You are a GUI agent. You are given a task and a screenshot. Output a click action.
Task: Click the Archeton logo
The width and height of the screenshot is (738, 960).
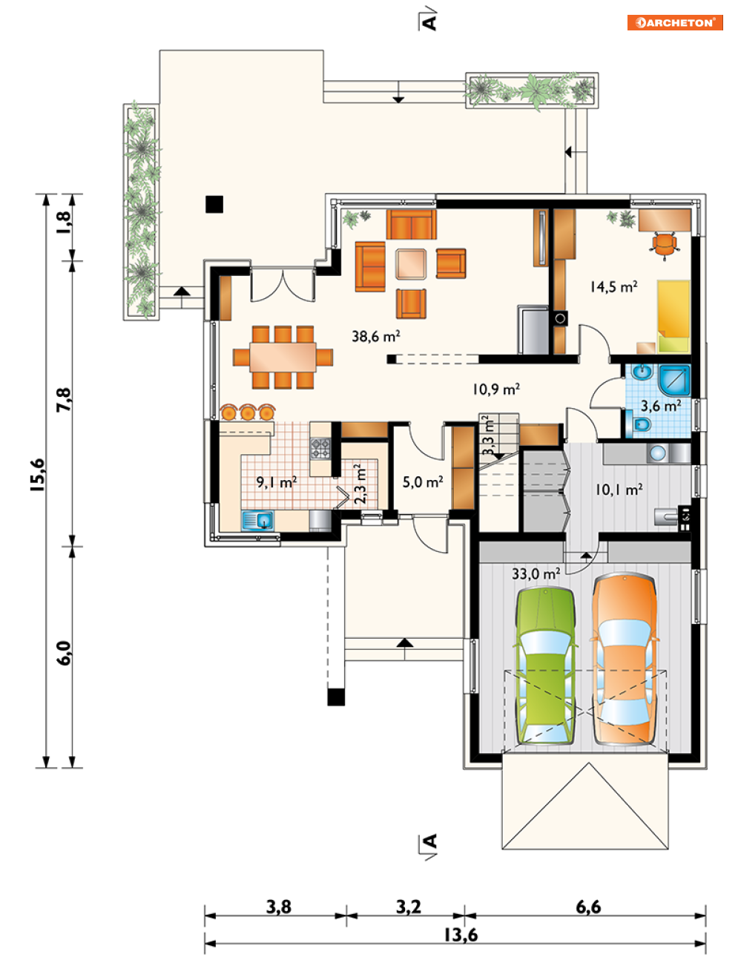tap(674, 22)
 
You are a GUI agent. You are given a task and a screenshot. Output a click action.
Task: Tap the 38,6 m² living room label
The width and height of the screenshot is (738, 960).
tap(376, 336)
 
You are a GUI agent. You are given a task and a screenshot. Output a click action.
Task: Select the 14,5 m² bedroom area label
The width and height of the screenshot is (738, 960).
tap(614, 286)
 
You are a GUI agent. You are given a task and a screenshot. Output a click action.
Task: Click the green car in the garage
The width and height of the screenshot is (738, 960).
tap(545, 665)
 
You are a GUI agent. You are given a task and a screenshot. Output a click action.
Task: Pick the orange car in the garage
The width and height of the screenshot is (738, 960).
tap(624, 659)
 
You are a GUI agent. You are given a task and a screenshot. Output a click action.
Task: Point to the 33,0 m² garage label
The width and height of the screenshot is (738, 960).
tap(536, 573)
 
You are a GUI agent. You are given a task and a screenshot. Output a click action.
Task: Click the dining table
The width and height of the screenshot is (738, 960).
tap(283, 358)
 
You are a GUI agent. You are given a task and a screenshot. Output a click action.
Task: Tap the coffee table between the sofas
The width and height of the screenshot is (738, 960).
tap(411, 264)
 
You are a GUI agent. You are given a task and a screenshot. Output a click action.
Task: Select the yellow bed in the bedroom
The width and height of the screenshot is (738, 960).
tap(673, 316)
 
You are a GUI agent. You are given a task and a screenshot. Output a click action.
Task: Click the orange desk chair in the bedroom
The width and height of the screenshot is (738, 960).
tap(663, 244)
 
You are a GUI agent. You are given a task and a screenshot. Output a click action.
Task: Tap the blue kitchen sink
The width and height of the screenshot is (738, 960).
tap(257, 520)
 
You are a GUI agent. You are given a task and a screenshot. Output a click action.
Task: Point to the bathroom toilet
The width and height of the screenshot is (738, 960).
tap(639, 424)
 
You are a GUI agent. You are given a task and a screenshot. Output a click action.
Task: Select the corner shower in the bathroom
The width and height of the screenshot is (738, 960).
tap(674, 380)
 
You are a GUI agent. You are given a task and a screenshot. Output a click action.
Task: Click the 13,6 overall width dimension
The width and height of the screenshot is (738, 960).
tap(461, 934)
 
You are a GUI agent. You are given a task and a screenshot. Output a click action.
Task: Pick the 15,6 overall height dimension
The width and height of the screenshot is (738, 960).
tap(37, 475)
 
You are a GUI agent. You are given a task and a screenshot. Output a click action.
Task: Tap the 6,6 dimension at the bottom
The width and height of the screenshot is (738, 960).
tap(588, 907)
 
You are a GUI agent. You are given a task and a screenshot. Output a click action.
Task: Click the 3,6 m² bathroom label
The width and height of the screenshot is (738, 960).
tap(661, 406)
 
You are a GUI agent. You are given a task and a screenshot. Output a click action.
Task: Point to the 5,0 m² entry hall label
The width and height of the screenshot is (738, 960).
tap(423, 482)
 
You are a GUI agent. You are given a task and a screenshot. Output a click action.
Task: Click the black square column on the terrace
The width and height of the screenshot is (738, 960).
tap(214, 204)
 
